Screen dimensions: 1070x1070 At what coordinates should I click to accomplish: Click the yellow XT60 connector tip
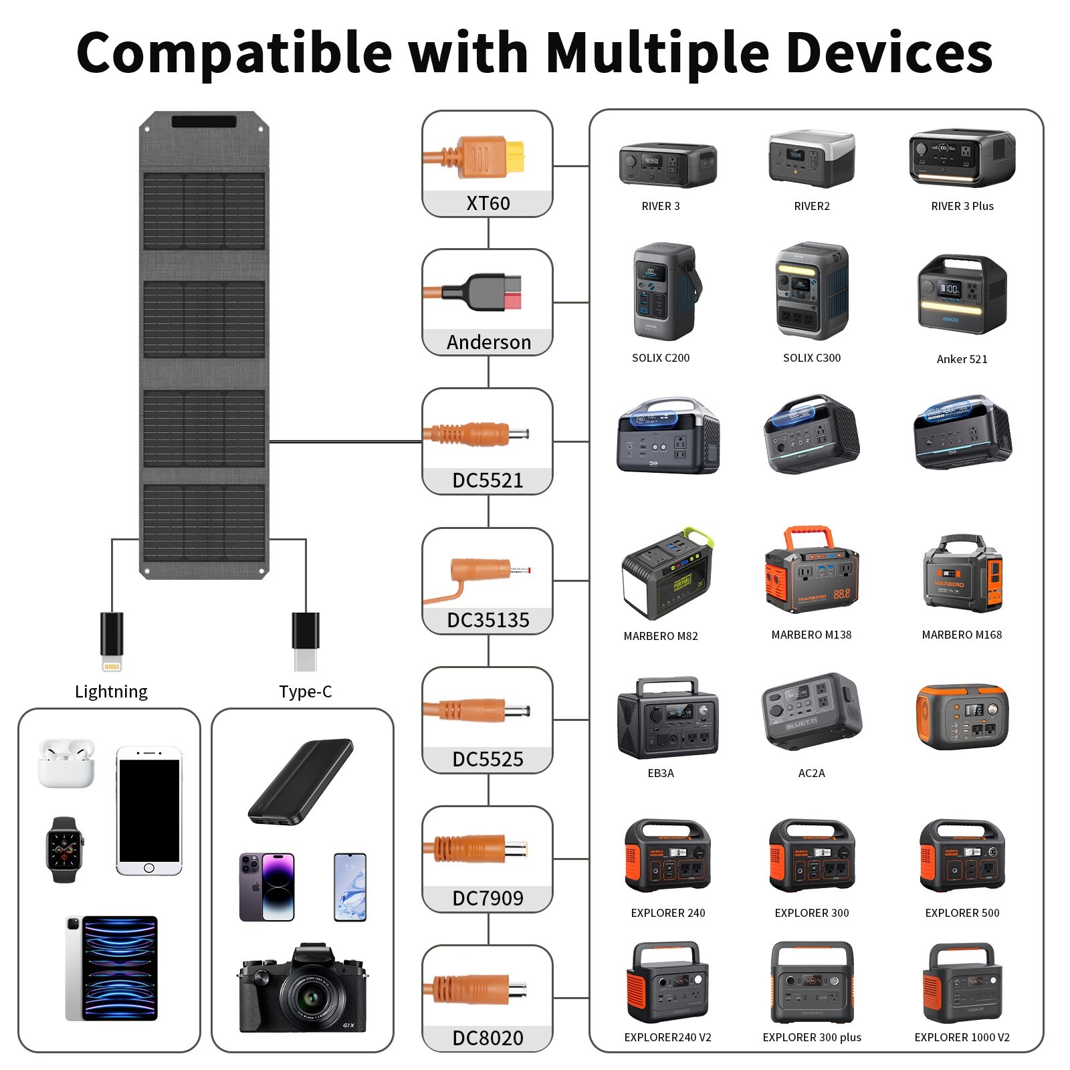pos(515,156)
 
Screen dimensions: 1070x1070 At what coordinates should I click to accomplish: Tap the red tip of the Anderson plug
pos(512,293)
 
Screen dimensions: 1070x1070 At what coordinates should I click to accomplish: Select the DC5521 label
pos(488,480)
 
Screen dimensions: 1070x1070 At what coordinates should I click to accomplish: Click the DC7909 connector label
pos(488,898)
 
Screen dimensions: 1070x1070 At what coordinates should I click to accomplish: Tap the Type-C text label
pos(305,691)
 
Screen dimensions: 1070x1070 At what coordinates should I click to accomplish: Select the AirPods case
pos(66,763)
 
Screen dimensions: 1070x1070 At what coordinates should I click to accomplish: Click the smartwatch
pos(64,850)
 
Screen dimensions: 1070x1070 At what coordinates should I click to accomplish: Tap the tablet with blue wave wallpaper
pos(112,968)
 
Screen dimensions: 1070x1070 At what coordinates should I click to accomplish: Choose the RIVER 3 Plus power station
pos(962,158)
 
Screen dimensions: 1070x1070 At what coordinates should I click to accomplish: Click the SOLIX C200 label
pos(660,358)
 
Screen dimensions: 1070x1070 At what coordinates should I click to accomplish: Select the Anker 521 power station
pos(962,294)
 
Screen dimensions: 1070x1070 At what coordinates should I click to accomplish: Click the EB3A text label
pos(660,773)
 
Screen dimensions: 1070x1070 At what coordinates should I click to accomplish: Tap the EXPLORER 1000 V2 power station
pos(962,983)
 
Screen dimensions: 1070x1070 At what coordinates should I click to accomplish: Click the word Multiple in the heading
pos(657,53)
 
